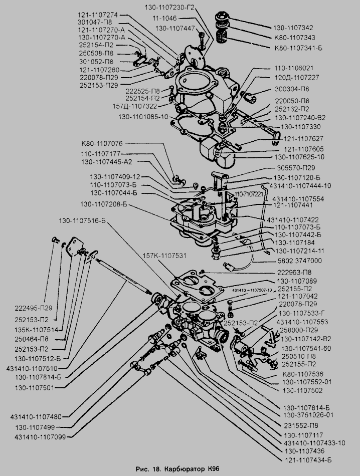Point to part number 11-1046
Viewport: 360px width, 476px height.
coord(166,18)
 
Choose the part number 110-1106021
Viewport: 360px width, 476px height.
coord(294,68)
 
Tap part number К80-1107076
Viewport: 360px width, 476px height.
coord(109,143)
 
